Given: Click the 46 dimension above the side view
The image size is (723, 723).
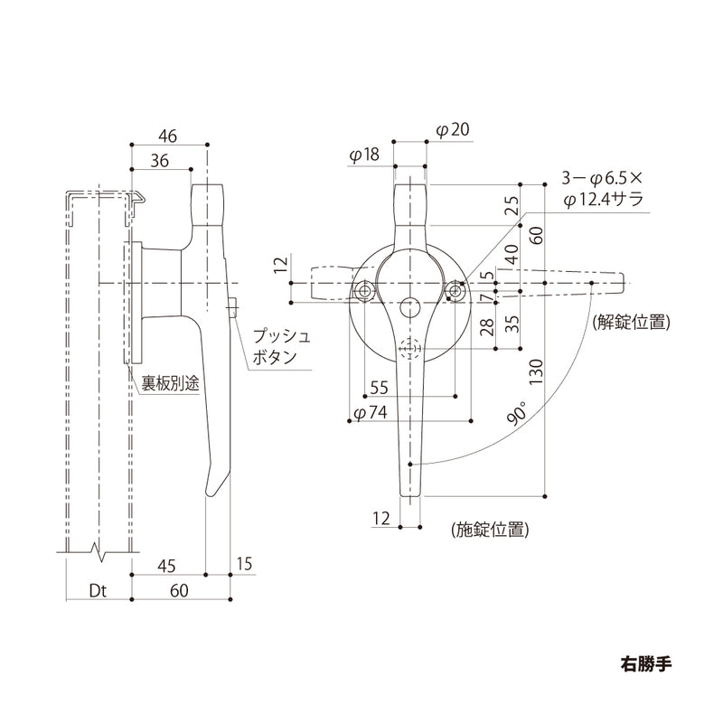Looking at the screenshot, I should click(167, 136).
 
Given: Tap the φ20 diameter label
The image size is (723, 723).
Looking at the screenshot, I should click(452, 130).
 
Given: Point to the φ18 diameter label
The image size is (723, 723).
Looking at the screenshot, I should click(364, 155).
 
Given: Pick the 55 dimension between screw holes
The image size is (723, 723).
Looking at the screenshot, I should click(379, 387).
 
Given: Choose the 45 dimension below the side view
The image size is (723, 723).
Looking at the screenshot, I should click(164, 566).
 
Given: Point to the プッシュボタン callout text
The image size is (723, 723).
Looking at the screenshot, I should click(280, 346).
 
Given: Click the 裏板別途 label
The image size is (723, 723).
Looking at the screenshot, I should click(164, 383).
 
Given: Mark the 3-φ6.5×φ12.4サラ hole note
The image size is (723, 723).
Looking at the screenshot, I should click(602, 189).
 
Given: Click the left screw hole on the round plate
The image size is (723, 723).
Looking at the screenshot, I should click(364, 291).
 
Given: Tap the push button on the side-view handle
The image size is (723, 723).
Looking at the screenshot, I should click(233, 307).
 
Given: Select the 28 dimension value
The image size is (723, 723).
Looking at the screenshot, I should click(486, 326).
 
